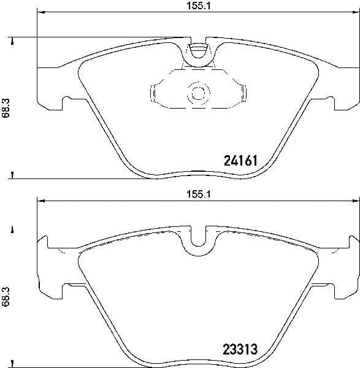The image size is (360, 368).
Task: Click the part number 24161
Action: pyautogui.click(x=241, y=161)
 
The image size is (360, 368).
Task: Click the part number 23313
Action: pyautogui.click(x=240, y=349)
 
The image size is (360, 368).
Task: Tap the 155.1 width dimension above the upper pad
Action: pyautogui.click(x=199, y=6)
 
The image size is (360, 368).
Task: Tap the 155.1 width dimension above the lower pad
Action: pyautogui.click(x=199, y=194)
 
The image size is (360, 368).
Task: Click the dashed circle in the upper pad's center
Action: pyautogui.click(x=199, y=94)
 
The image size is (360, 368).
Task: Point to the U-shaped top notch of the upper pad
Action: pyautogui.click(x=199, y=51)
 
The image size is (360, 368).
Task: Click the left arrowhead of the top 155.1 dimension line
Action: pyautogui.click(x=41, y=12)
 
